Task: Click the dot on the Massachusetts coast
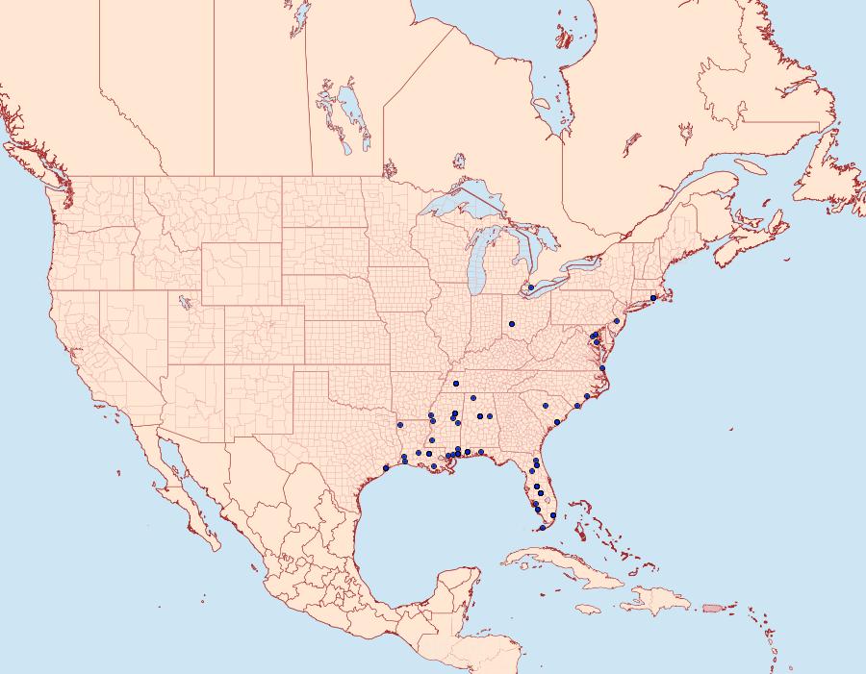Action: (653, 297)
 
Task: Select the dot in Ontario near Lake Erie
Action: (530, 287)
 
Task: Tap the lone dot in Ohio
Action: (512, 323)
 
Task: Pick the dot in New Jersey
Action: (616, 320)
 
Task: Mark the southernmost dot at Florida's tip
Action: (543, 527)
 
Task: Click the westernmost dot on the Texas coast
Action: (385, 468)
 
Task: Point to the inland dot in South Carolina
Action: (545, 405)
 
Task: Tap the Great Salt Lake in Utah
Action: (180, 301)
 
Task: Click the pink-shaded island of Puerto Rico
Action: (712, 607)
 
